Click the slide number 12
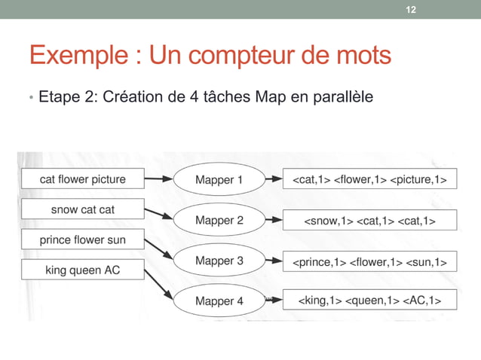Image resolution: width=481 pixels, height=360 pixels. [x=410, y=9]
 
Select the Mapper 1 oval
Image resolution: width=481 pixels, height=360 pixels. [x=219, y=180]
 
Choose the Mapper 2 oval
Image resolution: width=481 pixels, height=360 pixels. [x=219, y=221]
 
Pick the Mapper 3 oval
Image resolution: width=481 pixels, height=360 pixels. [x=219, y=261]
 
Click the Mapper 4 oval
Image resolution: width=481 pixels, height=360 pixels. [x=219, y=301]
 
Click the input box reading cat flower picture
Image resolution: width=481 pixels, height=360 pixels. [x=82, y=179]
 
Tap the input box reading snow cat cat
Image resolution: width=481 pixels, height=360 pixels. [x=82, y=209]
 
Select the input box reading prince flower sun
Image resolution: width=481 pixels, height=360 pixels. [x=82, y=240]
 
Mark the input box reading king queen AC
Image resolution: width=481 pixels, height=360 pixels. [x=82, y=270]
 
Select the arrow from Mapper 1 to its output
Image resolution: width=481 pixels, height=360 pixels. [x=272, y=181]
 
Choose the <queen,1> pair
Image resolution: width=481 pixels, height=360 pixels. [x=371, y=301]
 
